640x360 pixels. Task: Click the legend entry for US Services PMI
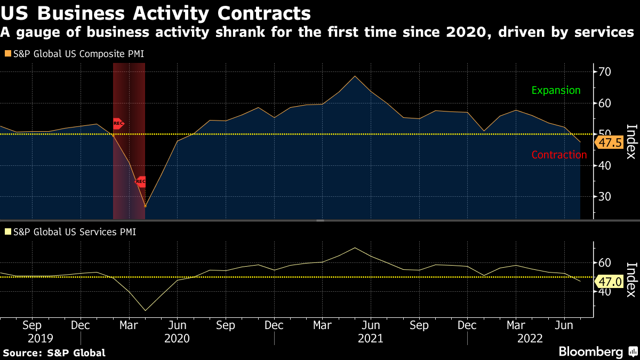[71, 232]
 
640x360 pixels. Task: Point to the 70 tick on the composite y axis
[604, 72]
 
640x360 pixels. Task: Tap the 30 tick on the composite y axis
[604, 197]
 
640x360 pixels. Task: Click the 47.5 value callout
[609, 143]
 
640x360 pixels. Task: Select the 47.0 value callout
[609, 282]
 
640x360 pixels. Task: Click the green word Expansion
[556, 90]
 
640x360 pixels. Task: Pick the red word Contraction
[559, 155]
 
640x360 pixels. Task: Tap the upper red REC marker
[118, 124]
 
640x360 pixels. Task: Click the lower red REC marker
[141, 181]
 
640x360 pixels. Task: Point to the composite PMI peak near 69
[355, 76]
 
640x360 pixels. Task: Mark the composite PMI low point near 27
[145, 207]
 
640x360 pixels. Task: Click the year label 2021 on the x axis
[370, 339]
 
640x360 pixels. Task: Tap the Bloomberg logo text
[590, 352]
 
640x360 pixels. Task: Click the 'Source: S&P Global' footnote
[54, 353]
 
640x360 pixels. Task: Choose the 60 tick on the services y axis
[604, 263]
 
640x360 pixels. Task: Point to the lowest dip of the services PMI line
[145, 310]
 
